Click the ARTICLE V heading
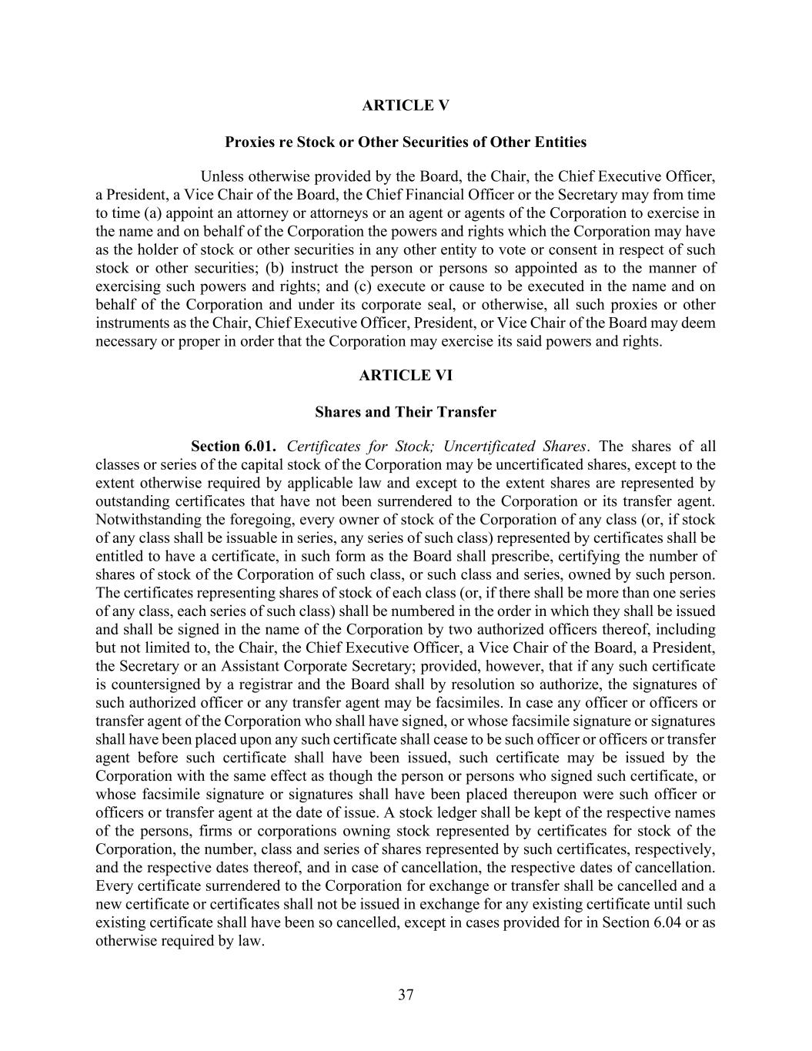tap(406, 106)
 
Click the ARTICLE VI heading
tap(406, 376)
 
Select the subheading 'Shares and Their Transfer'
tap(406, 412)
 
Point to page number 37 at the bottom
tap(406, 995)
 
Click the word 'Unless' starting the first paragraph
tap(223, 176)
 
